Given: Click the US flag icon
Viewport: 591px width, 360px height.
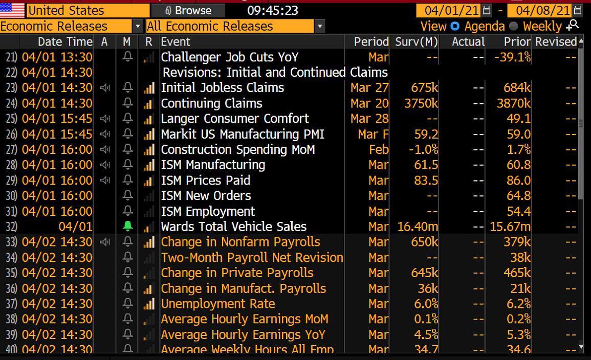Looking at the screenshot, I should [12, 10].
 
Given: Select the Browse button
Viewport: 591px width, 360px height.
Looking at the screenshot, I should [188, 10].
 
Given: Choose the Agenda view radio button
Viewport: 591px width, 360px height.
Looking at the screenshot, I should [454, 26].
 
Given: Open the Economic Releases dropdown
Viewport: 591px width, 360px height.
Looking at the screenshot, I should [138, 26].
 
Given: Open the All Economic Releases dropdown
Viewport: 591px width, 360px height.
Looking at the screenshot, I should [320, 26].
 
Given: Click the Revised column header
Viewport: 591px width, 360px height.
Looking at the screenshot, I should [556, 42].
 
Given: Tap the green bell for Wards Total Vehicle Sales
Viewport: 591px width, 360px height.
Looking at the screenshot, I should [127, 227].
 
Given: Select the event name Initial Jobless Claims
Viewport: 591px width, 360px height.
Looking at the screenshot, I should [222, 87].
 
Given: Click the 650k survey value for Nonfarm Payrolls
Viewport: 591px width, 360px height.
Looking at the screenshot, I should [424, 242].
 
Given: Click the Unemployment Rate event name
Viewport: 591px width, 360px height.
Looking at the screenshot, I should [218, 304].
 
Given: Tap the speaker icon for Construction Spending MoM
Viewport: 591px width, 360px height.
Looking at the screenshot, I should [104, 150].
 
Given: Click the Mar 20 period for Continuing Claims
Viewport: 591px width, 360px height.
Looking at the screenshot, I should [369, 103].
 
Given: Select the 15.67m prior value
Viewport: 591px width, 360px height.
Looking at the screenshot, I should [510, 227].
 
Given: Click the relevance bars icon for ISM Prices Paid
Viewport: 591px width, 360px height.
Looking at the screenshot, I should [149, 181].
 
